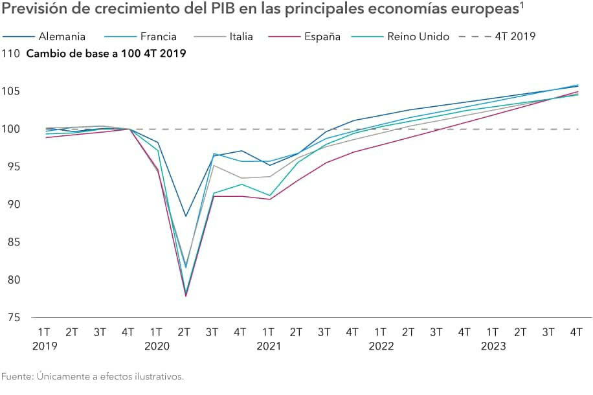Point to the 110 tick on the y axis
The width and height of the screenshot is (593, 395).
[11, 53]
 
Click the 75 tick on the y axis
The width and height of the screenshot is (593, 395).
[14, 317]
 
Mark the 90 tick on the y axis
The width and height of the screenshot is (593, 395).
[14, 205]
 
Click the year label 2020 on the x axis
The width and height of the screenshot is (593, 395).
[157, 346]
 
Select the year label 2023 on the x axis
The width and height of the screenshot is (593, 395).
[493, 346]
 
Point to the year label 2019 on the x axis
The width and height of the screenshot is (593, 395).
[45, 346]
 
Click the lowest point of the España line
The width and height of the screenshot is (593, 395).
[186, 296]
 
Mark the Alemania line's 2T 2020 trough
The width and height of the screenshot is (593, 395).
[186, 216]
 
